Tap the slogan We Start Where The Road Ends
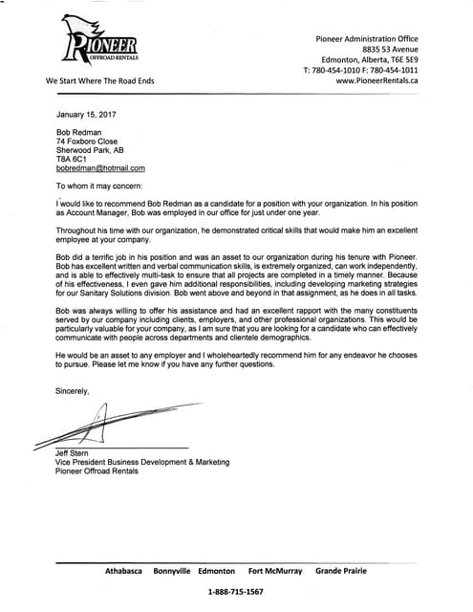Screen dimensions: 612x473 pyautogui.click(x=99, y=81)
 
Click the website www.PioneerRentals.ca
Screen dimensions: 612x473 pyautogui.click(x=376, y=81)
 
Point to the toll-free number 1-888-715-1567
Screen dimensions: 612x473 pyautogui.click(x=236, y=593)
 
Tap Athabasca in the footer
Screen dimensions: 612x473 pyautogui.click(x=123, y=570)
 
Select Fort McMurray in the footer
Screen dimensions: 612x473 pyautogui.click(x=275, y=570)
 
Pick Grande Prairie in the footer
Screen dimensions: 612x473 pyautogui.click(x=342, y=570)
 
